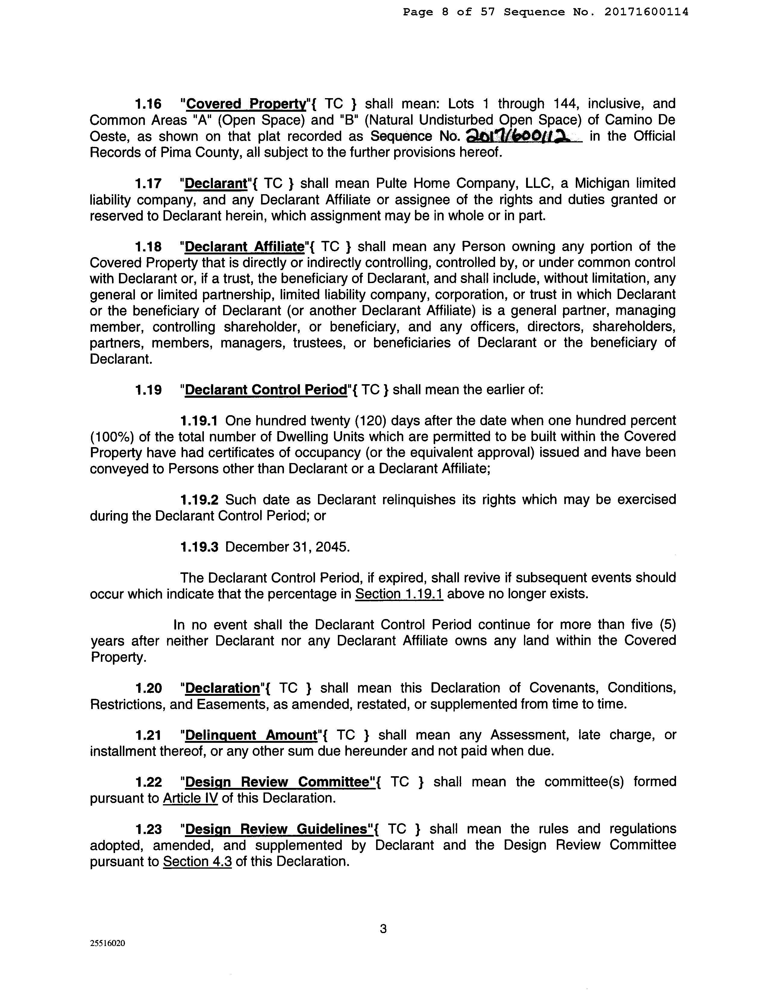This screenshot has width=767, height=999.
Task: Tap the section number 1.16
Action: [x=148, y=104]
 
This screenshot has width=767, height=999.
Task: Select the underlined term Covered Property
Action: [x=245, y=104]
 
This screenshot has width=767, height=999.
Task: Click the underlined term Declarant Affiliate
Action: [x=245, y=247]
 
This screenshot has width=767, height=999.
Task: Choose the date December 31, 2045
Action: [x=287, y=547]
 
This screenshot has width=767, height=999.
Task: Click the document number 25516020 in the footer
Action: [x=108, y=943]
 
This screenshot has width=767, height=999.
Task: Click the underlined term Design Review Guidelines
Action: [x=277, y=829]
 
